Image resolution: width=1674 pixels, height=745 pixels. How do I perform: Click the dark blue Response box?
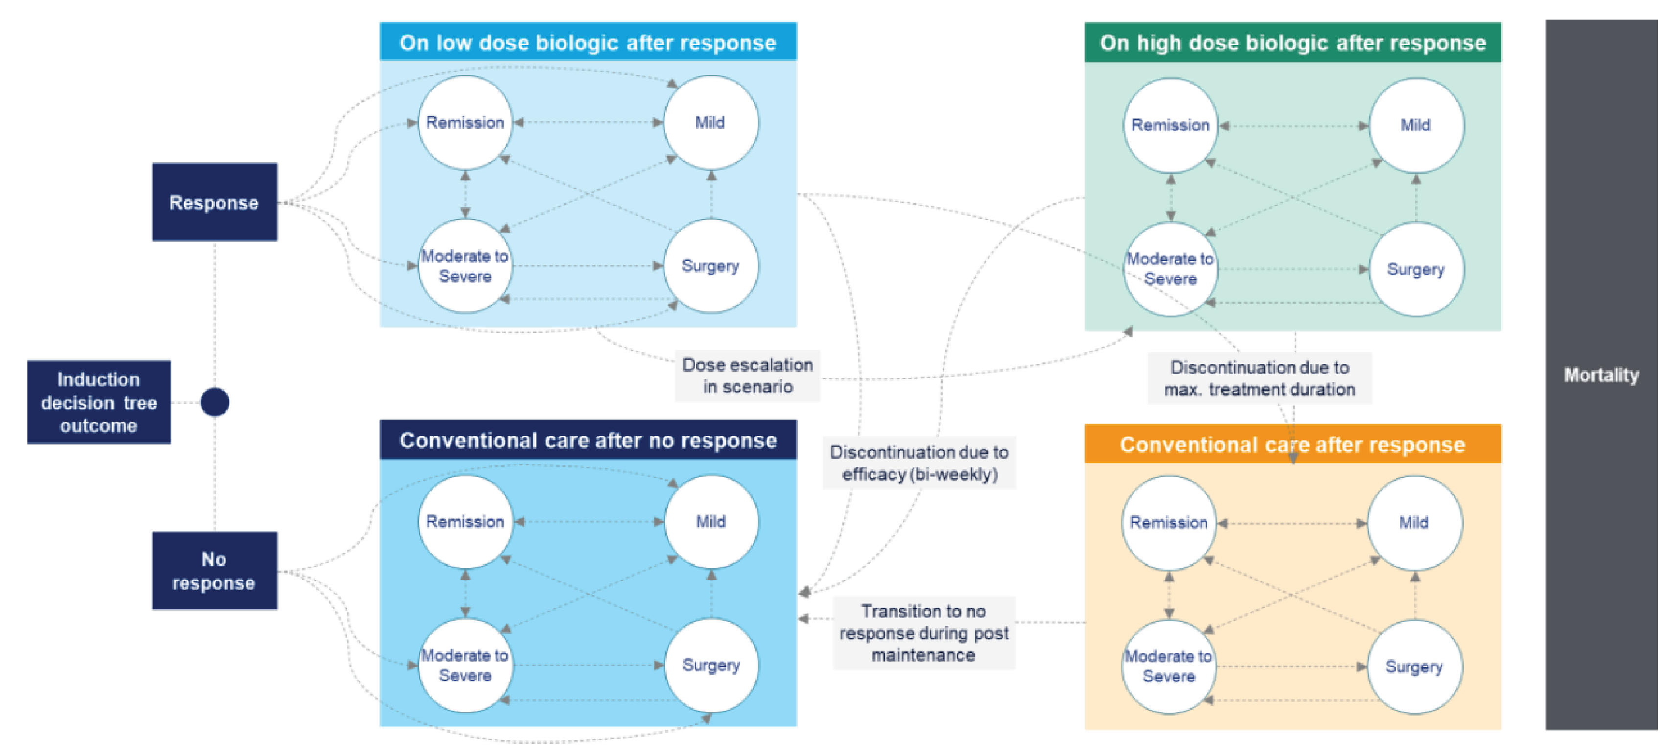(214, 202)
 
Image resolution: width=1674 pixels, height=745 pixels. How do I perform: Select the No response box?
(214, 571)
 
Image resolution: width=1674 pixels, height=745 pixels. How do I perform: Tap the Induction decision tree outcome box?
(99, 403)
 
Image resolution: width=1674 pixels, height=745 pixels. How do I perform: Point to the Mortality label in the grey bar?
(1601, 375)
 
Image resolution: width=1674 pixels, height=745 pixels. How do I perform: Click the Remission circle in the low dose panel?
(465, 122)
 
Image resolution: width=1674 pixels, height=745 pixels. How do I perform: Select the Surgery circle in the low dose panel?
(710, 266)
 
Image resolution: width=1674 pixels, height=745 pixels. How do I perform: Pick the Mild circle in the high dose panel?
(1416, 125)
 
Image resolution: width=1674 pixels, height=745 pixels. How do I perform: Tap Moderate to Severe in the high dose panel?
(1170, 268)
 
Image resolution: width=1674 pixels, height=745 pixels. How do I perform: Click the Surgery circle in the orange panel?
(1414, 666)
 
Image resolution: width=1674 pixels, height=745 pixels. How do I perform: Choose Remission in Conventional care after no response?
(465, 521)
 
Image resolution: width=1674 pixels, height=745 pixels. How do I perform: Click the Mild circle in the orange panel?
(1414, 522)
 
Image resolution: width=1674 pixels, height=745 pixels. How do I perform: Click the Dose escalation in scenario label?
(747, 376)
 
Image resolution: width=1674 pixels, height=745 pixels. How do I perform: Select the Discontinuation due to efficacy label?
(919, 463)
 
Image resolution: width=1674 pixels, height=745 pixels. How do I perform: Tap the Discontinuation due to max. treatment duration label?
(1259, 378)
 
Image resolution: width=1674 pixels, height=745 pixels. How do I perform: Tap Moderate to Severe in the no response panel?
(465, 665)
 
